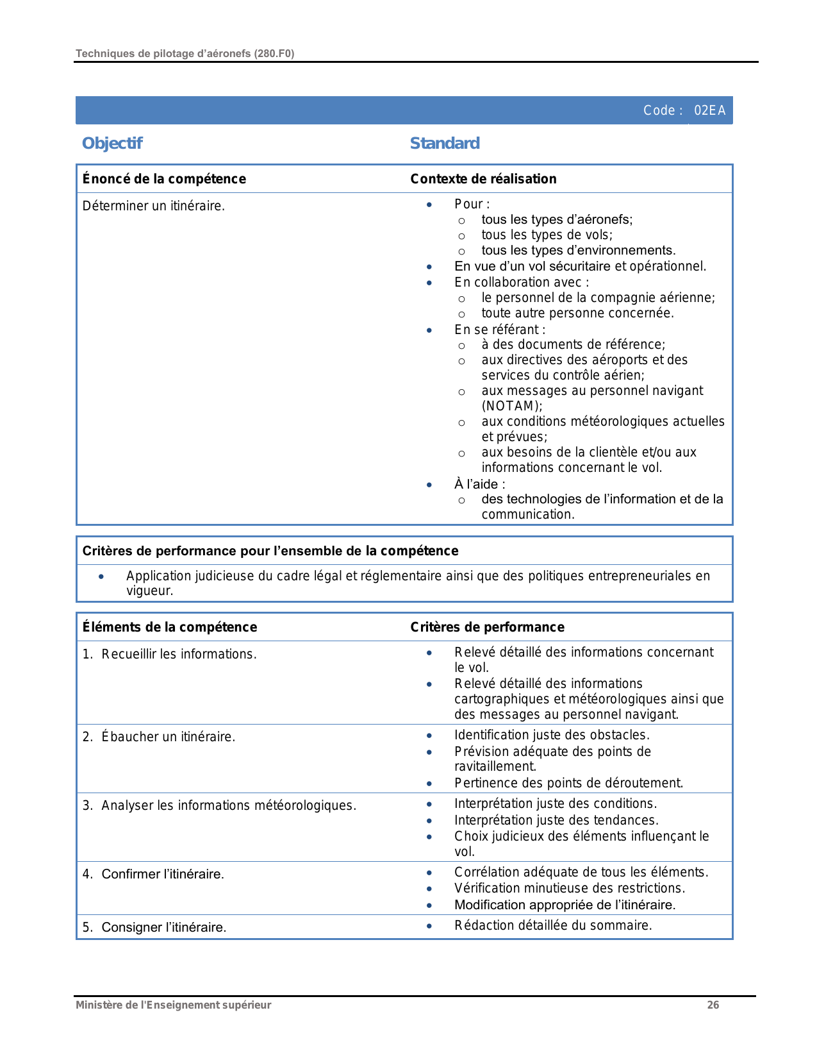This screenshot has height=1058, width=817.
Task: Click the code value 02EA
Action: (709, 110)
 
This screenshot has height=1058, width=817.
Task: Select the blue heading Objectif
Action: (112, 143)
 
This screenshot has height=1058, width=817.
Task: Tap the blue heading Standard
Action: (445, 143)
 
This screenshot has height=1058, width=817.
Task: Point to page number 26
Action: (713, 1005)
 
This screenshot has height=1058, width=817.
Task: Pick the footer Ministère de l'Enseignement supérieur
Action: (173, 1005)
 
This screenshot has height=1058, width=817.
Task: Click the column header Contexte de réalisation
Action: (483, 179)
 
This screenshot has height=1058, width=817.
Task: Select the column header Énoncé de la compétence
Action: (164, 179)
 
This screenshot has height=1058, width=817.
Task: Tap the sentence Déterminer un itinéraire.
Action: (154, 206)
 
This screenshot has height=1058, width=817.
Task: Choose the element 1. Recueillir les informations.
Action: (170, 654)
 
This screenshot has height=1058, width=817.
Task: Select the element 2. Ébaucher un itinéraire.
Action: (159, 737)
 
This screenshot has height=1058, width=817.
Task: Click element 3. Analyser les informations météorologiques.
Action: (219, 805)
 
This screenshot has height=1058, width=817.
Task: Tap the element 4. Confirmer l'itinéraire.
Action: (153, 874)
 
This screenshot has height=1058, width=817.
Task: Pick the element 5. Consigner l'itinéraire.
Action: (154, 927)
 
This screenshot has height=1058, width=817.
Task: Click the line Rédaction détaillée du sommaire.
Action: (553, 925)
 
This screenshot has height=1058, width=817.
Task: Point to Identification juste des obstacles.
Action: (552, 735)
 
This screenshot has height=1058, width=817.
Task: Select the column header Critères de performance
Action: (487, 627)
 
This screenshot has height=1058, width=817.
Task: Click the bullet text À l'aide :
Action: (479, 484)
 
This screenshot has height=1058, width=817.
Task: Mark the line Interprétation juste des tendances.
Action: (556, 820)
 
